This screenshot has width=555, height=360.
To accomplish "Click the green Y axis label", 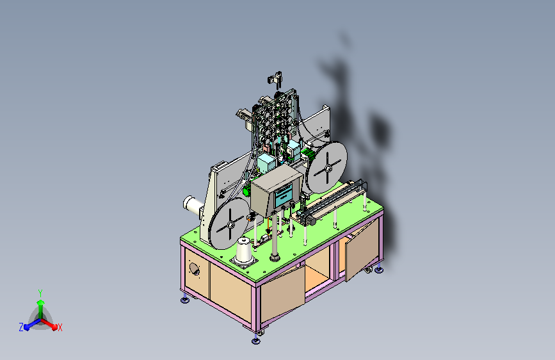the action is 40,293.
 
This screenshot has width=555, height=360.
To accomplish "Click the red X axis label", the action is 60,328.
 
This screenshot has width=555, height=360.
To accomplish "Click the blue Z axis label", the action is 21,327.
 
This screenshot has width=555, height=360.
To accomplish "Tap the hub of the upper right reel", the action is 328,168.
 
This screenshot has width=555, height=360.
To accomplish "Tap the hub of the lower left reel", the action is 230,224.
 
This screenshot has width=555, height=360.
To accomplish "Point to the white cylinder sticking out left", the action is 193,206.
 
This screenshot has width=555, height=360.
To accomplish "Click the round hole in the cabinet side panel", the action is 195,269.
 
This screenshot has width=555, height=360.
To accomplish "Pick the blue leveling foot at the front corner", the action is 256,341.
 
